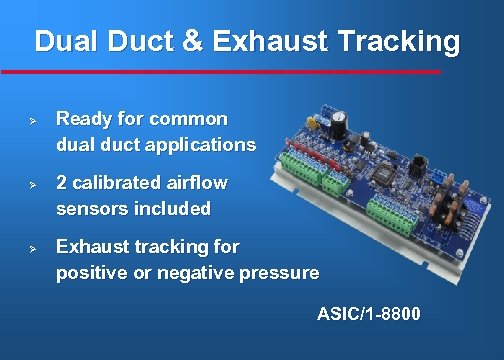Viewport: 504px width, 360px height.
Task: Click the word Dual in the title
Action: click(x=65, y=42)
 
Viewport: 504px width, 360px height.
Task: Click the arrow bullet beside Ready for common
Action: click(x=32, y=120)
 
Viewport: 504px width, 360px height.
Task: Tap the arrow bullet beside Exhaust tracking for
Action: click(x=32, y=247)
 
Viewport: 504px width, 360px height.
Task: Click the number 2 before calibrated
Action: click(x=62, y=183)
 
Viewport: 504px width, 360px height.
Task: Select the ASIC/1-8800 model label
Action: click(x=369, y=315)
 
